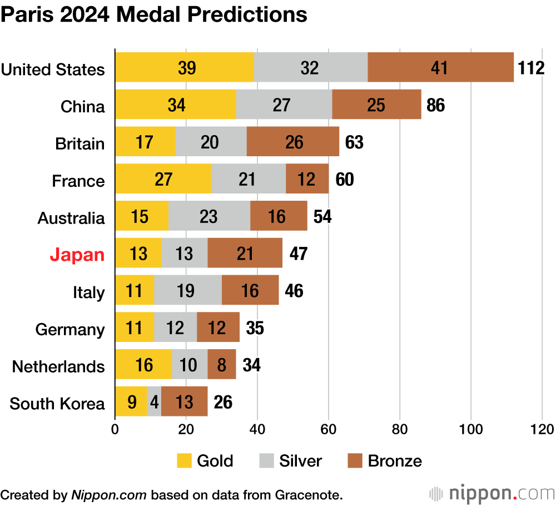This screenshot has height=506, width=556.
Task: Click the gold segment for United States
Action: (185, 67)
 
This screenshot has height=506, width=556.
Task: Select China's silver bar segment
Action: (285, 105)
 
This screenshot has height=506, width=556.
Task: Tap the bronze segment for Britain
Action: (292, 142)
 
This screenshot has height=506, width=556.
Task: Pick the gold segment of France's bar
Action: (163, 179)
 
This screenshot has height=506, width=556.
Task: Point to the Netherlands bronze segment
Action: (222, 365)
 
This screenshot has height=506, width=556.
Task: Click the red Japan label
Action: (77, 255)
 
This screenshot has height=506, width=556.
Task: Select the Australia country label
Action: (71, 218)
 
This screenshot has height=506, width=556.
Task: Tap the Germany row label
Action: (70, 329)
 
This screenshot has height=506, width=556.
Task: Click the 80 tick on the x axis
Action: (400, 429)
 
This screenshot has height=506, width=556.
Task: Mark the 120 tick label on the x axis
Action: (542, 429)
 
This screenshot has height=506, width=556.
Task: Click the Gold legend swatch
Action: (185, 461)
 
